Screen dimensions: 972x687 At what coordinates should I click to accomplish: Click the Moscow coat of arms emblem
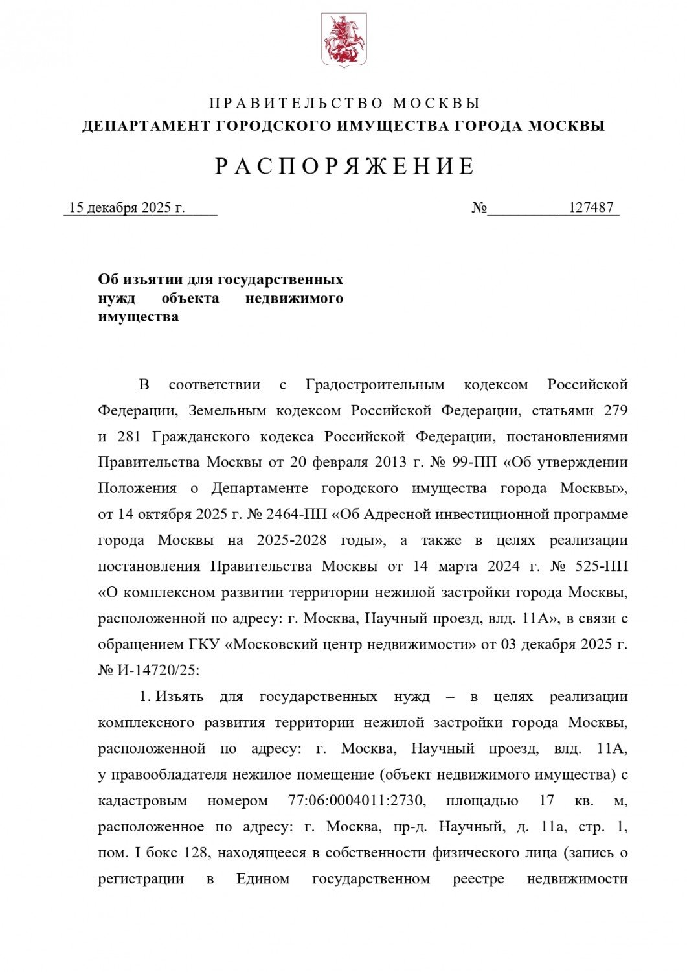[x=344, y=41]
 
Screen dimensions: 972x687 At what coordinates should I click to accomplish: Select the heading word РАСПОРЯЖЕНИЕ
[x=344, y=167]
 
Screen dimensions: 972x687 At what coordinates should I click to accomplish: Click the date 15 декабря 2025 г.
[x=127, y=207]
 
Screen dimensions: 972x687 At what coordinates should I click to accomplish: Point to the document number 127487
[x=591, y=207]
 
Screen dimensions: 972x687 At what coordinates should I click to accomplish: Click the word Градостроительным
[x=375, y=385]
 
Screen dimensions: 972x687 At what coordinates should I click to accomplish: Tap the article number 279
[x=615, y=411]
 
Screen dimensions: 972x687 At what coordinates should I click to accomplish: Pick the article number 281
[x=130, y=437]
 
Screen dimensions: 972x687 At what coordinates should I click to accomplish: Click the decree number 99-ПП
[x=471, y=463]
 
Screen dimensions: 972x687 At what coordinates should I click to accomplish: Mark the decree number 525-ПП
[x=602, y=566]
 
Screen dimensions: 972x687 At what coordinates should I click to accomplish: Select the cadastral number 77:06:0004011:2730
[x=357, y=800]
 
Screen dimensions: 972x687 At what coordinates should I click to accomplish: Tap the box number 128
[x=198, y=852]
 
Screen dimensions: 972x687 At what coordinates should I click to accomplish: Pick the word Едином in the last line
[x=262, y=879]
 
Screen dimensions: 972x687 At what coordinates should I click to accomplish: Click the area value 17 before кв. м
[x=546, y=800]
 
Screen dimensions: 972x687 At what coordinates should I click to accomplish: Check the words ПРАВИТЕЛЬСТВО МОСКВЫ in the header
[x=344, y=104]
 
